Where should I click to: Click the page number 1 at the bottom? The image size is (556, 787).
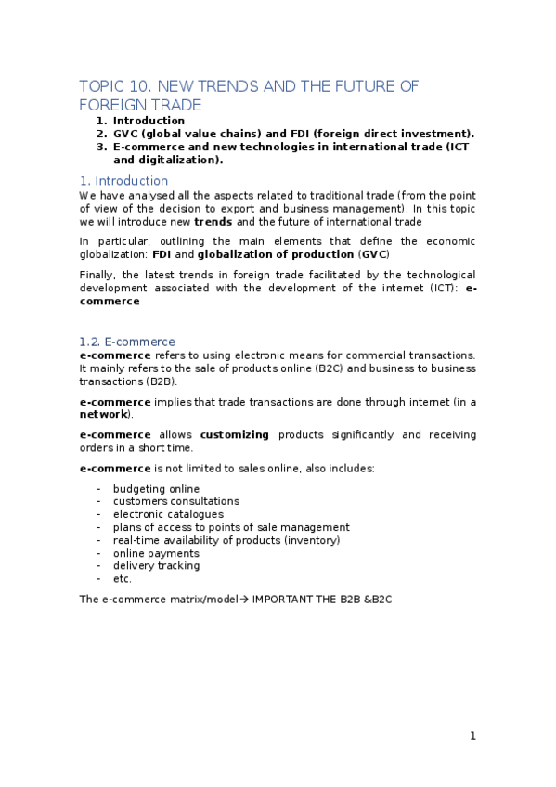click(x=472, y=736)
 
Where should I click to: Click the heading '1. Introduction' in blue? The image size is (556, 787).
click(x=123, y=180)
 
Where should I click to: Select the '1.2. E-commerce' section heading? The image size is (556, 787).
click(x=127, y=342)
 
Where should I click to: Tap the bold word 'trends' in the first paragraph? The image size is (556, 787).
click(x=213, y=222)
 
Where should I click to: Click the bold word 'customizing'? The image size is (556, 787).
click(x=235, y=434)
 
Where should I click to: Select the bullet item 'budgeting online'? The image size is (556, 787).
click(x=156, y=488)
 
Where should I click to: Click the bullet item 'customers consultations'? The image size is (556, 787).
click(x=175, y=501)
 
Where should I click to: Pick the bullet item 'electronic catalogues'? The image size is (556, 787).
click(x=168, y=514)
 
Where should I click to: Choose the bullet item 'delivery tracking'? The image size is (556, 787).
click(x=156, y=566)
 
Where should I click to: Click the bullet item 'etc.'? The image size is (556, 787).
click(x=123, y=579)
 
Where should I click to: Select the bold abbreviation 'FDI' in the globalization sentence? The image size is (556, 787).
click(x=162, y=254)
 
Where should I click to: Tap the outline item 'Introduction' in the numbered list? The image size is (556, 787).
click(x=149, y=121)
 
